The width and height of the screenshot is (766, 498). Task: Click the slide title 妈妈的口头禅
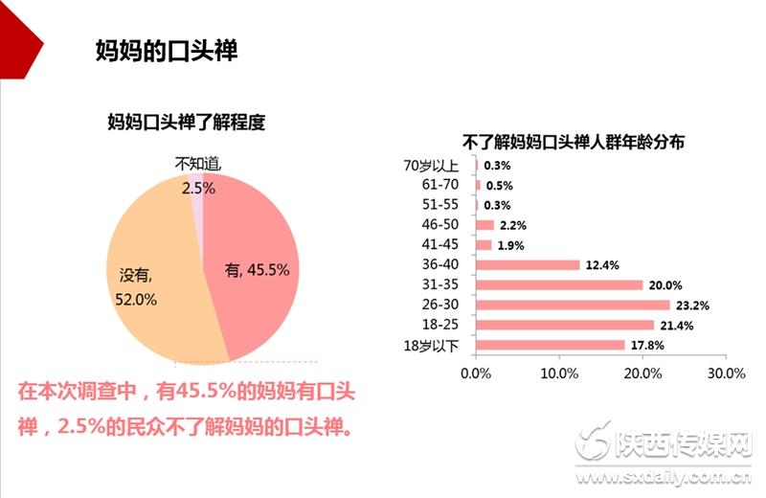(167, 50)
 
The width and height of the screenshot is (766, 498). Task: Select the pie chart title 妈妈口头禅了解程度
(185, 122)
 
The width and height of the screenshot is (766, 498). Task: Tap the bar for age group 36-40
(528, 264)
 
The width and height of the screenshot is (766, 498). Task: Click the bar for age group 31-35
(559, 284)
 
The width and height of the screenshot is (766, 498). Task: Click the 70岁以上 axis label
(434, 165)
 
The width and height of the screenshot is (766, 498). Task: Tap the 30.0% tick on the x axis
(725, 373)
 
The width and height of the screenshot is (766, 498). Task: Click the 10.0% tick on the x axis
(558, 373)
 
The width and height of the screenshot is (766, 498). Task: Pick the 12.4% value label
(603, 265)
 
